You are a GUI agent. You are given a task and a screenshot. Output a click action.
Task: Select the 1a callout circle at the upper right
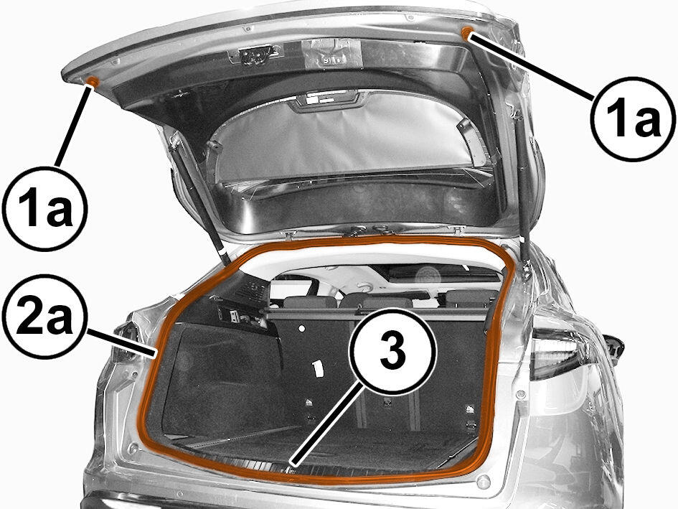click(633, 119)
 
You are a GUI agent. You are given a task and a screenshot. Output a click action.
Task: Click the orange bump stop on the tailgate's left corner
click(92, 81)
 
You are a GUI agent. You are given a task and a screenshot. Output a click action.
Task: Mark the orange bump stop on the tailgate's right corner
click(467, 32)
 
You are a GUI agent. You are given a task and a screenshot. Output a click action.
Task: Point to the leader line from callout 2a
click(121, 344)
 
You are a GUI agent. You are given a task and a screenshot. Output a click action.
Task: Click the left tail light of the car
click(126, 342)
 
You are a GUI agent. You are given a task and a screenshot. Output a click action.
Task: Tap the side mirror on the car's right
click(613, 346)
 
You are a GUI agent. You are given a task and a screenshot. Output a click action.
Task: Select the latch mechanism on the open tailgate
click(256, 56)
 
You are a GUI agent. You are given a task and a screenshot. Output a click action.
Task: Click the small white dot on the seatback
click(302, 329)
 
